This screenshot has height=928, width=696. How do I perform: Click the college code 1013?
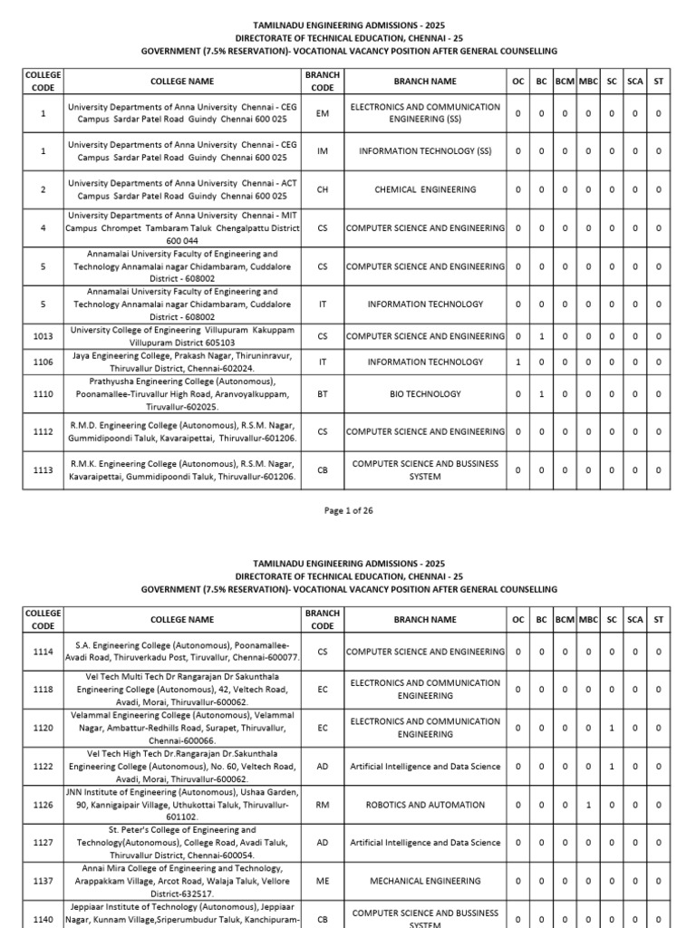coord(43,336)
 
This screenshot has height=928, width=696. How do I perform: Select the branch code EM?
coord(323,113)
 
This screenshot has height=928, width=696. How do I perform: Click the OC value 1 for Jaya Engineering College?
coord(518,362)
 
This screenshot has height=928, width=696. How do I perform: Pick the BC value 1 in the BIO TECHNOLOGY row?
coord(542,394)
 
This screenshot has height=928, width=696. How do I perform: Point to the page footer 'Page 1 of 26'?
coord(348,510)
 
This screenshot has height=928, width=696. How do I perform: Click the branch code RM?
coord(323,804)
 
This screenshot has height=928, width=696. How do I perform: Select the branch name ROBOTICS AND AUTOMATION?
coord(425,804)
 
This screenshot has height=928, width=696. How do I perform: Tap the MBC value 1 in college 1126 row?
coord(588,804)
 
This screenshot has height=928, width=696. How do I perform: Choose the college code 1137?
coord(43,880)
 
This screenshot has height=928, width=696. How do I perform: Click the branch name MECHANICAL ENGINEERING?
coord(425,880)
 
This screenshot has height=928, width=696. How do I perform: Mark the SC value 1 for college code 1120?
coord(612,728)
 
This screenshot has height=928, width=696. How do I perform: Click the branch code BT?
coord(323,394)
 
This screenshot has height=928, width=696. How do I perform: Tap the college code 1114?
coord(43,651)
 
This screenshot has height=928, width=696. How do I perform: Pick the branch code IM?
coord(323,151)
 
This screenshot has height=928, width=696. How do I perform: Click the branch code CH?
coord(323,189)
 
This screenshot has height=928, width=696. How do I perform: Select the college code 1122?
coord(43,766)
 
